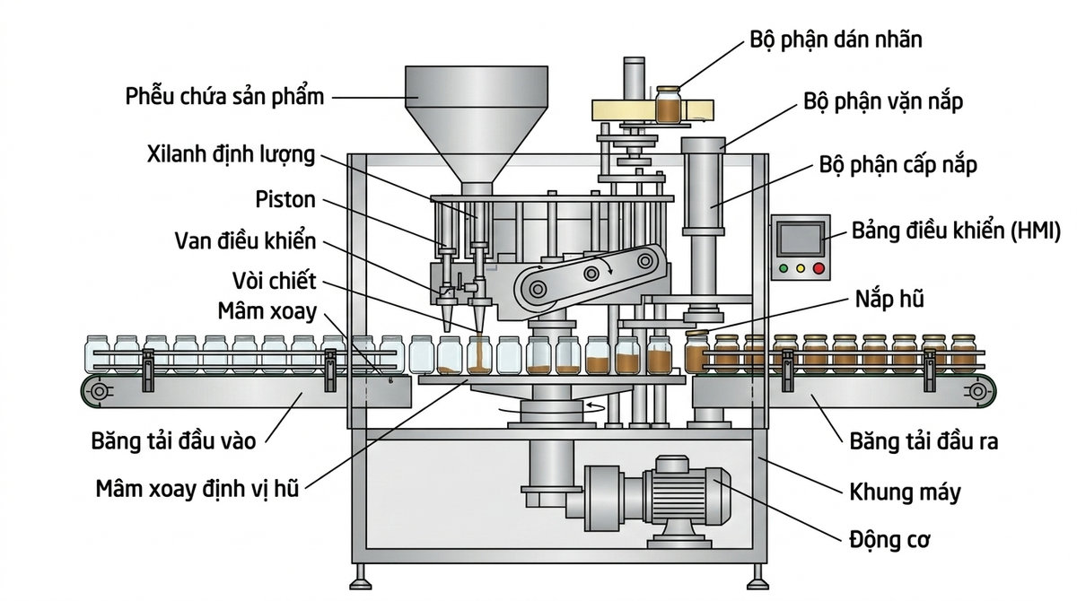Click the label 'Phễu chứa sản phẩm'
click(x=224, y=96)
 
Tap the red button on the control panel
click(x=818, y=267)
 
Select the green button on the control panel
click(x=784, y=267)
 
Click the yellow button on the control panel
click(x=801, y=267)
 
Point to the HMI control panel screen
click(x=800, y=237)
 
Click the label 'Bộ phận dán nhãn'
click(x=835, y=40)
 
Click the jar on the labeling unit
click(x=668, y=105)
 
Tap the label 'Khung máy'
click(x=905, y=492)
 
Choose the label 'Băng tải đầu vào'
click(x=173, y=441)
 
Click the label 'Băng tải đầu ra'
click(x=924, y=441)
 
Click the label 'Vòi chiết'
click(x=278, y=281)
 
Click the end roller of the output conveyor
click(x=977, y=391)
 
